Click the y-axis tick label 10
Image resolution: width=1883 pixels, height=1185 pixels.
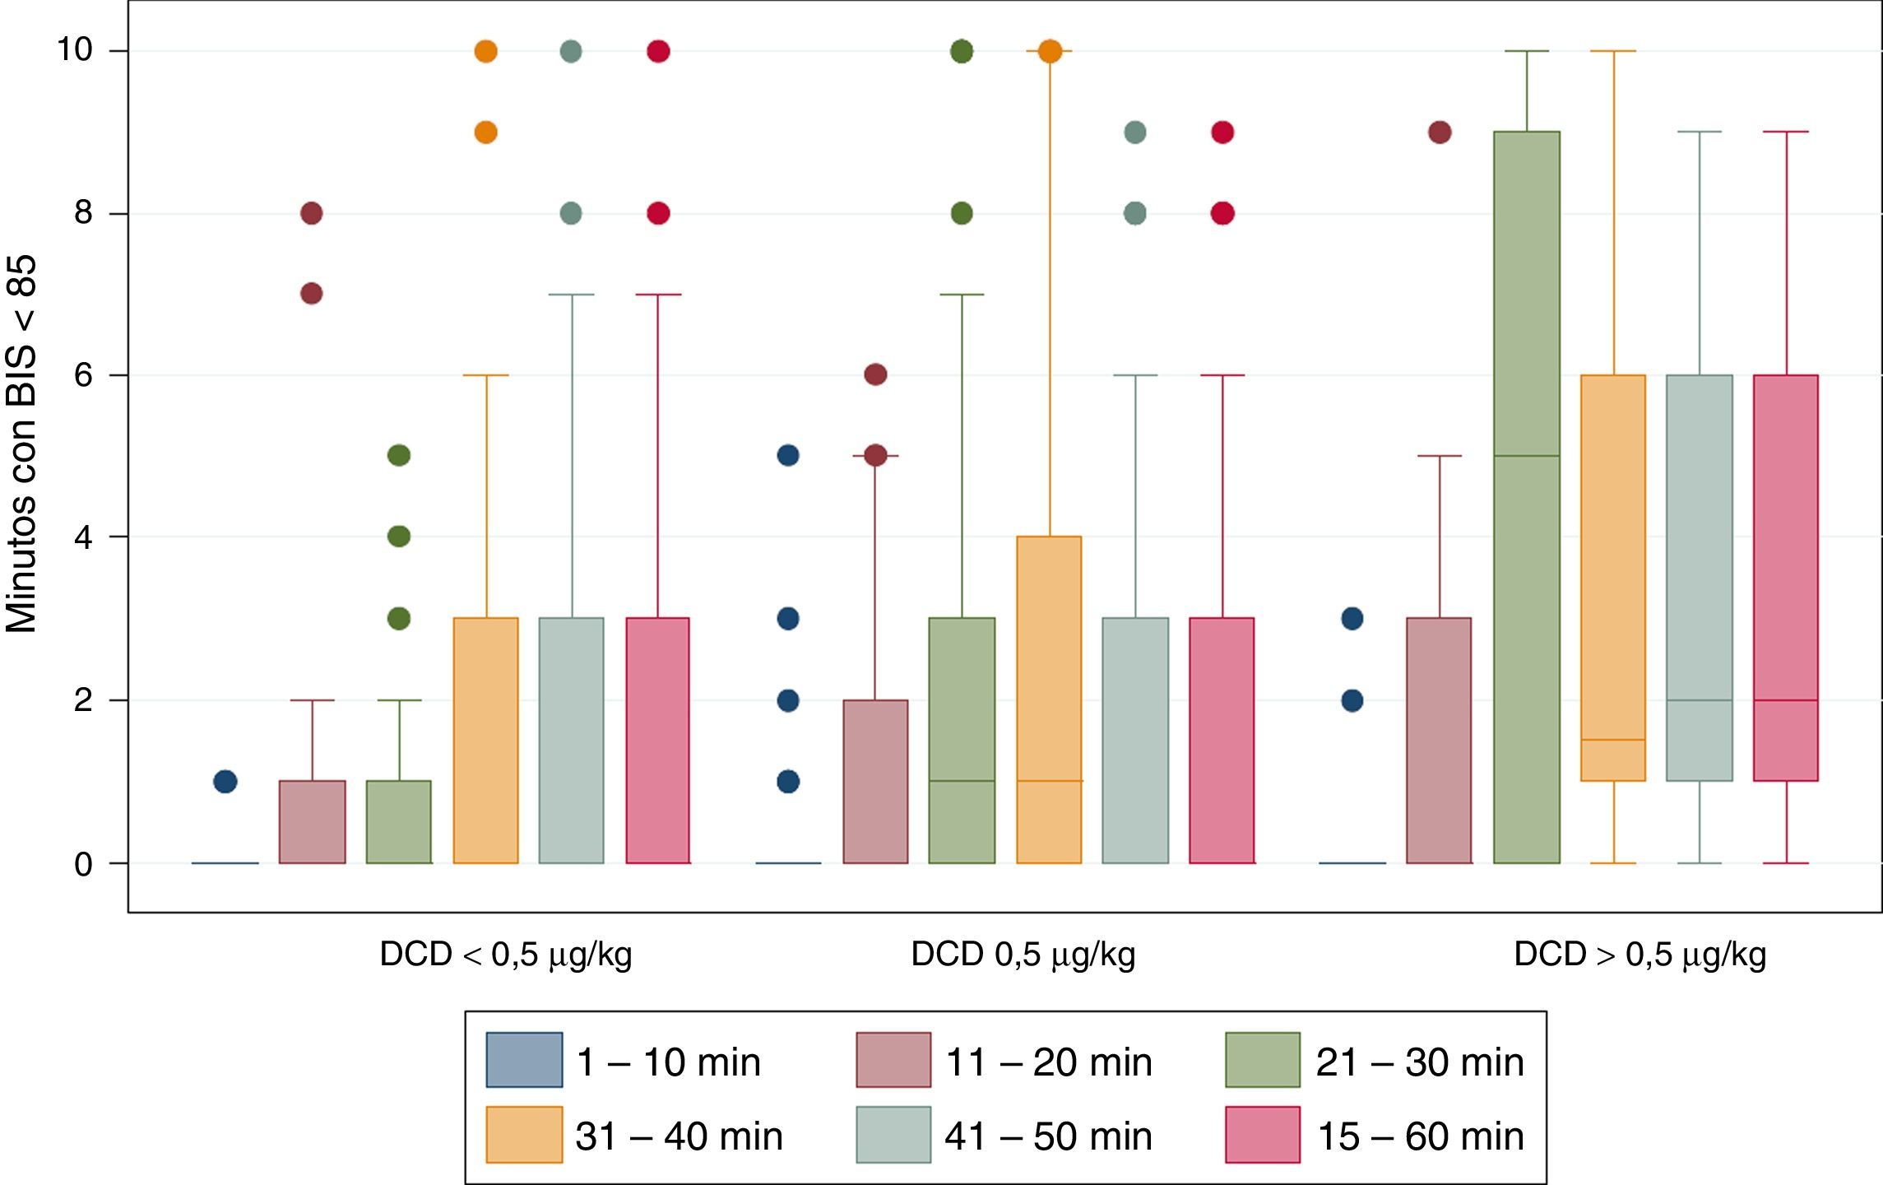pyautogui.click(x=73, y=50)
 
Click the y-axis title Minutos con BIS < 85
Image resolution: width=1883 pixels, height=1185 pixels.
pyautogui.click(x=22, y=444)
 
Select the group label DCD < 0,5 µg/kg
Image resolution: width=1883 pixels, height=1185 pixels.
pyautogui.click(x=505, y=955)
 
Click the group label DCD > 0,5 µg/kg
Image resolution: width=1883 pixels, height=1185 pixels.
pyautogui.click(x=1640, y=955)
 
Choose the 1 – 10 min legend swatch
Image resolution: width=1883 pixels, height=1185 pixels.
pyautogui.click(x=524, y=1060)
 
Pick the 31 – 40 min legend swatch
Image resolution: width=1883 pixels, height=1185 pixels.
pyautogui.click(x=524, y=1134)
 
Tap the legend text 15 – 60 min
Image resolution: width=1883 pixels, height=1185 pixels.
pyautogui.click(x=1421, y=1136)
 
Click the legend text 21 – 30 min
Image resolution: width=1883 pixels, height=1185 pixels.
pyautogui.click(x=1420, y=1062)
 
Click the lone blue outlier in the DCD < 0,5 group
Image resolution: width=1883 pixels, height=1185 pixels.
pyautogui.click(x=225, y=781)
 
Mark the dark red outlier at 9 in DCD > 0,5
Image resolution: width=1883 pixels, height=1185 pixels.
pyautogui.click(x=1440, y=132)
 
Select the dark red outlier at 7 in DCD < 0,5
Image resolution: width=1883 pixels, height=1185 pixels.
pyautogui.click(x=311, y=293)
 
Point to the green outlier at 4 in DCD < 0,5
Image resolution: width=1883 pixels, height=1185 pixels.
pyautogui.click(x=399, y=537)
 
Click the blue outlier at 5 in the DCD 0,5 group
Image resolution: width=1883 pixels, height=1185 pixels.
pyautogui.click(x=788, y=455)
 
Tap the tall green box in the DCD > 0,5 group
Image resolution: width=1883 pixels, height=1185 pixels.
pyautogui.click(x=1527, y=576)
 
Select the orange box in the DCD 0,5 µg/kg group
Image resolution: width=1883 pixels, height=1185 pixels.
pyautogui.click(x=1049, y=699)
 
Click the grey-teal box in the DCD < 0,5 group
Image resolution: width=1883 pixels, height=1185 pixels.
pyautogui.click(x=571, y=741)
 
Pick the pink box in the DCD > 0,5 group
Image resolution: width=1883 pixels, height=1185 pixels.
pyautogui.click(x=1785, y=576)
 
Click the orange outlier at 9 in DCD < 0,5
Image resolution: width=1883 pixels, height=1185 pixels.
pyautogui.click(x=486, y=132)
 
